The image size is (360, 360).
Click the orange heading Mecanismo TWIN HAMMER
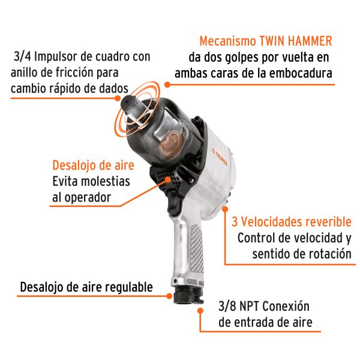266,42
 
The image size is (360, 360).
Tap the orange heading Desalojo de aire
93,166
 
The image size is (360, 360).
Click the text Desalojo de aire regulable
86,287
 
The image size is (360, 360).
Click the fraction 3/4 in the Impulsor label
22,57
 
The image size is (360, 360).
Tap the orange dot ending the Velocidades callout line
225,209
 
